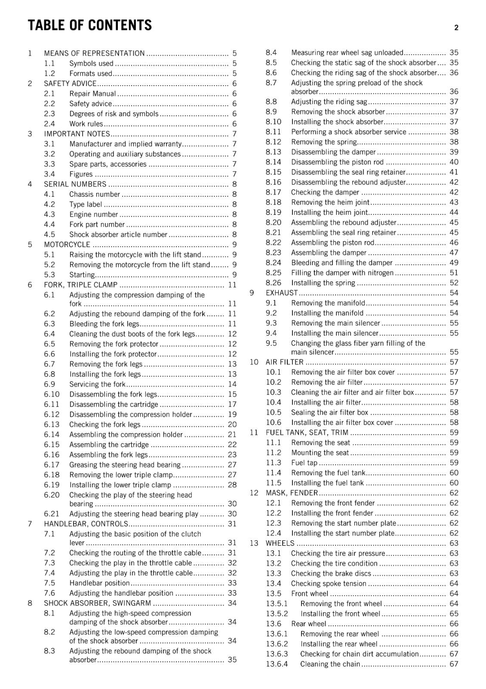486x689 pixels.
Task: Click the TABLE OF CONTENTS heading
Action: [x=89, y=25]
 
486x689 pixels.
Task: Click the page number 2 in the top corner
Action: [x=456, y=28]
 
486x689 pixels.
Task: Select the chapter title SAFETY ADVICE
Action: [x=70, y=84]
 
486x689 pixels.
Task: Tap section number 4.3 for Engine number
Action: [x=49, y=214]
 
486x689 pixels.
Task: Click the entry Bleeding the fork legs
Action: [x=105, y=324]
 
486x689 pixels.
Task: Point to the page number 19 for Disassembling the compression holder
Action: [x=232, y=414]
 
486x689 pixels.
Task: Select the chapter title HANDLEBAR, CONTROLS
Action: [x=86, y=524]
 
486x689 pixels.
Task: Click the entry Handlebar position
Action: [x=99, y=583]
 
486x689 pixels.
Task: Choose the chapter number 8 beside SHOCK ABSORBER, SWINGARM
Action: [x=30, y=603]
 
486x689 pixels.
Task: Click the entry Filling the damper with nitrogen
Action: [x=342, y=273]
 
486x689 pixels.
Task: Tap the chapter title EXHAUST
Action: [x=282, y=293]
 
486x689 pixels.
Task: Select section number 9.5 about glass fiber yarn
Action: [x=271, y=343]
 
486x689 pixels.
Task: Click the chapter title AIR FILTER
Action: [x=285, y=362]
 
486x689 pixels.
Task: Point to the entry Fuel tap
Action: [x=304, y=463]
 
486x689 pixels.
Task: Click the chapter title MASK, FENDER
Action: [x=292, y=493]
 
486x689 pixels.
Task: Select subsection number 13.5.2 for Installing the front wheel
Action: [x=277, y=614]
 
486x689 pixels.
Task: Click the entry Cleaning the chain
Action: [x=330, y=664]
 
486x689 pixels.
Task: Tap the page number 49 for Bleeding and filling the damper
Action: [x=454, y=263]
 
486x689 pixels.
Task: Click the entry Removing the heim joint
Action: [x=330, y=202]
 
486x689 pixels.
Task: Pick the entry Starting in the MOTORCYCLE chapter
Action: [x=82, y=275]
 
